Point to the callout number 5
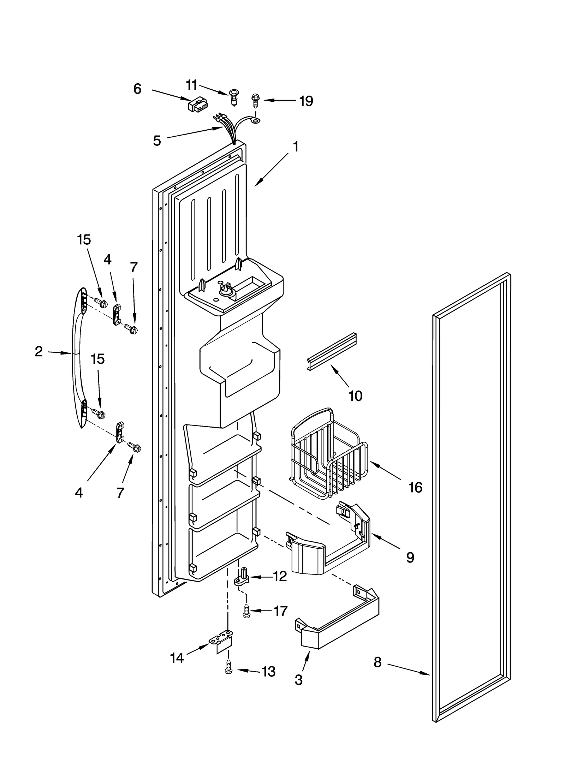click(x=157, y=141)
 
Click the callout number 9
click(x=410, y=558)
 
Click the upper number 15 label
click(x=84, y=240)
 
